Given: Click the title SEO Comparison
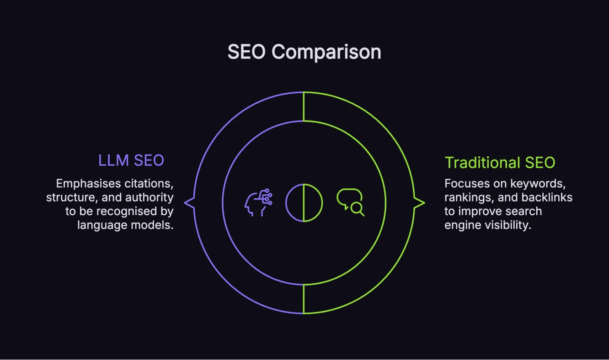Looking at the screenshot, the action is pyautogui.click(x=304, y=52).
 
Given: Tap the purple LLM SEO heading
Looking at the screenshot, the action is pyautogui.click(x=131, y=160).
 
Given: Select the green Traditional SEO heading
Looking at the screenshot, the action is pyautogui.click(x=500, y=163).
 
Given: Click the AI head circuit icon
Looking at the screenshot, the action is pyautogui.click(x=259, y=202).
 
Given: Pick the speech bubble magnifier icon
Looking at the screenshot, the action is pyautogui.click(x=350, y=202).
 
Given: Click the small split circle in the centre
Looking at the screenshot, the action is pyautogui.click(x=304, y=202).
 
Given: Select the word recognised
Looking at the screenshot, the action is pyautogui.click(x=129, y=211).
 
